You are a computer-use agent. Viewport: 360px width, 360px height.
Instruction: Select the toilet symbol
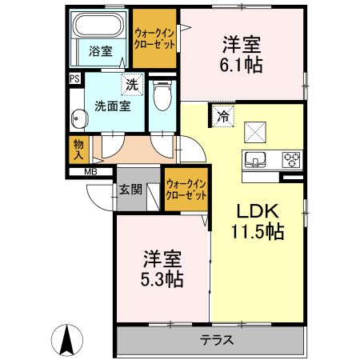click(162, 96)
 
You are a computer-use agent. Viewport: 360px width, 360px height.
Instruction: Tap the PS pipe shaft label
click(74, 79)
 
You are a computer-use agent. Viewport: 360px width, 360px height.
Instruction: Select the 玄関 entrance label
click(130, 190)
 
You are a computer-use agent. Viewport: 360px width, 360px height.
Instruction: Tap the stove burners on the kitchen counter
click(291, 158)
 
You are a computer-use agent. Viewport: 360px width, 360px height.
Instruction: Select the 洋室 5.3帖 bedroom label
click(163, 269)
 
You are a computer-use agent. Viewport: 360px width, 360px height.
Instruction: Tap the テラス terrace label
click(217, 339)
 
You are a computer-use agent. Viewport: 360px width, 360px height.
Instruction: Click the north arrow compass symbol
click(68, 342)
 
